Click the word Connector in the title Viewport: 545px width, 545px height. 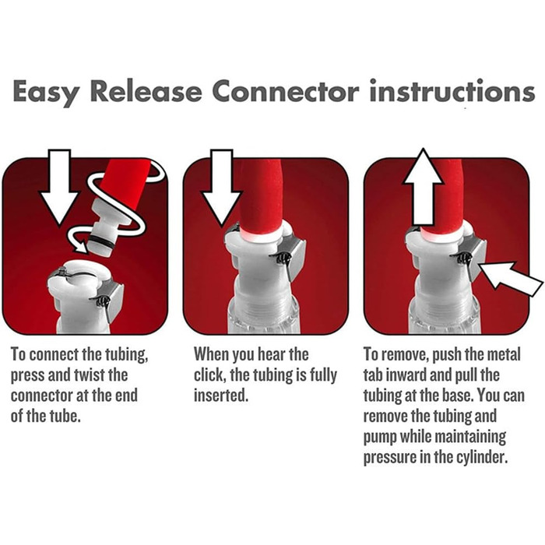[x=286, y=91]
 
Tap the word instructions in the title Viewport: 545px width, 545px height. [x=452, y=90]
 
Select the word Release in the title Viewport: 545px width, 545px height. [x=146, y=91]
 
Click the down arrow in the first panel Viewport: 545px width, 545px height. [x=59, y=187]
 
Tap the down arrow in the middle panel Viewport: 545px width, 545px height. [x=222, y=188]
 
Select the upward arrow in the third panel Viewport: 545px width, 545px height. [x=423, y=187]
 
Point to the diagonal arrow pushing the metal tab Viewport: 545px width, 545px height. [x=510, y=278]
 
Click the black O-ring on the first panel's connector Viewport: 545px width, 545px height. [x=100, y=241]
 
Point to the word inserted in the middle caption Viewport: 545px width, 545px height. [x=221, y=396]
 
